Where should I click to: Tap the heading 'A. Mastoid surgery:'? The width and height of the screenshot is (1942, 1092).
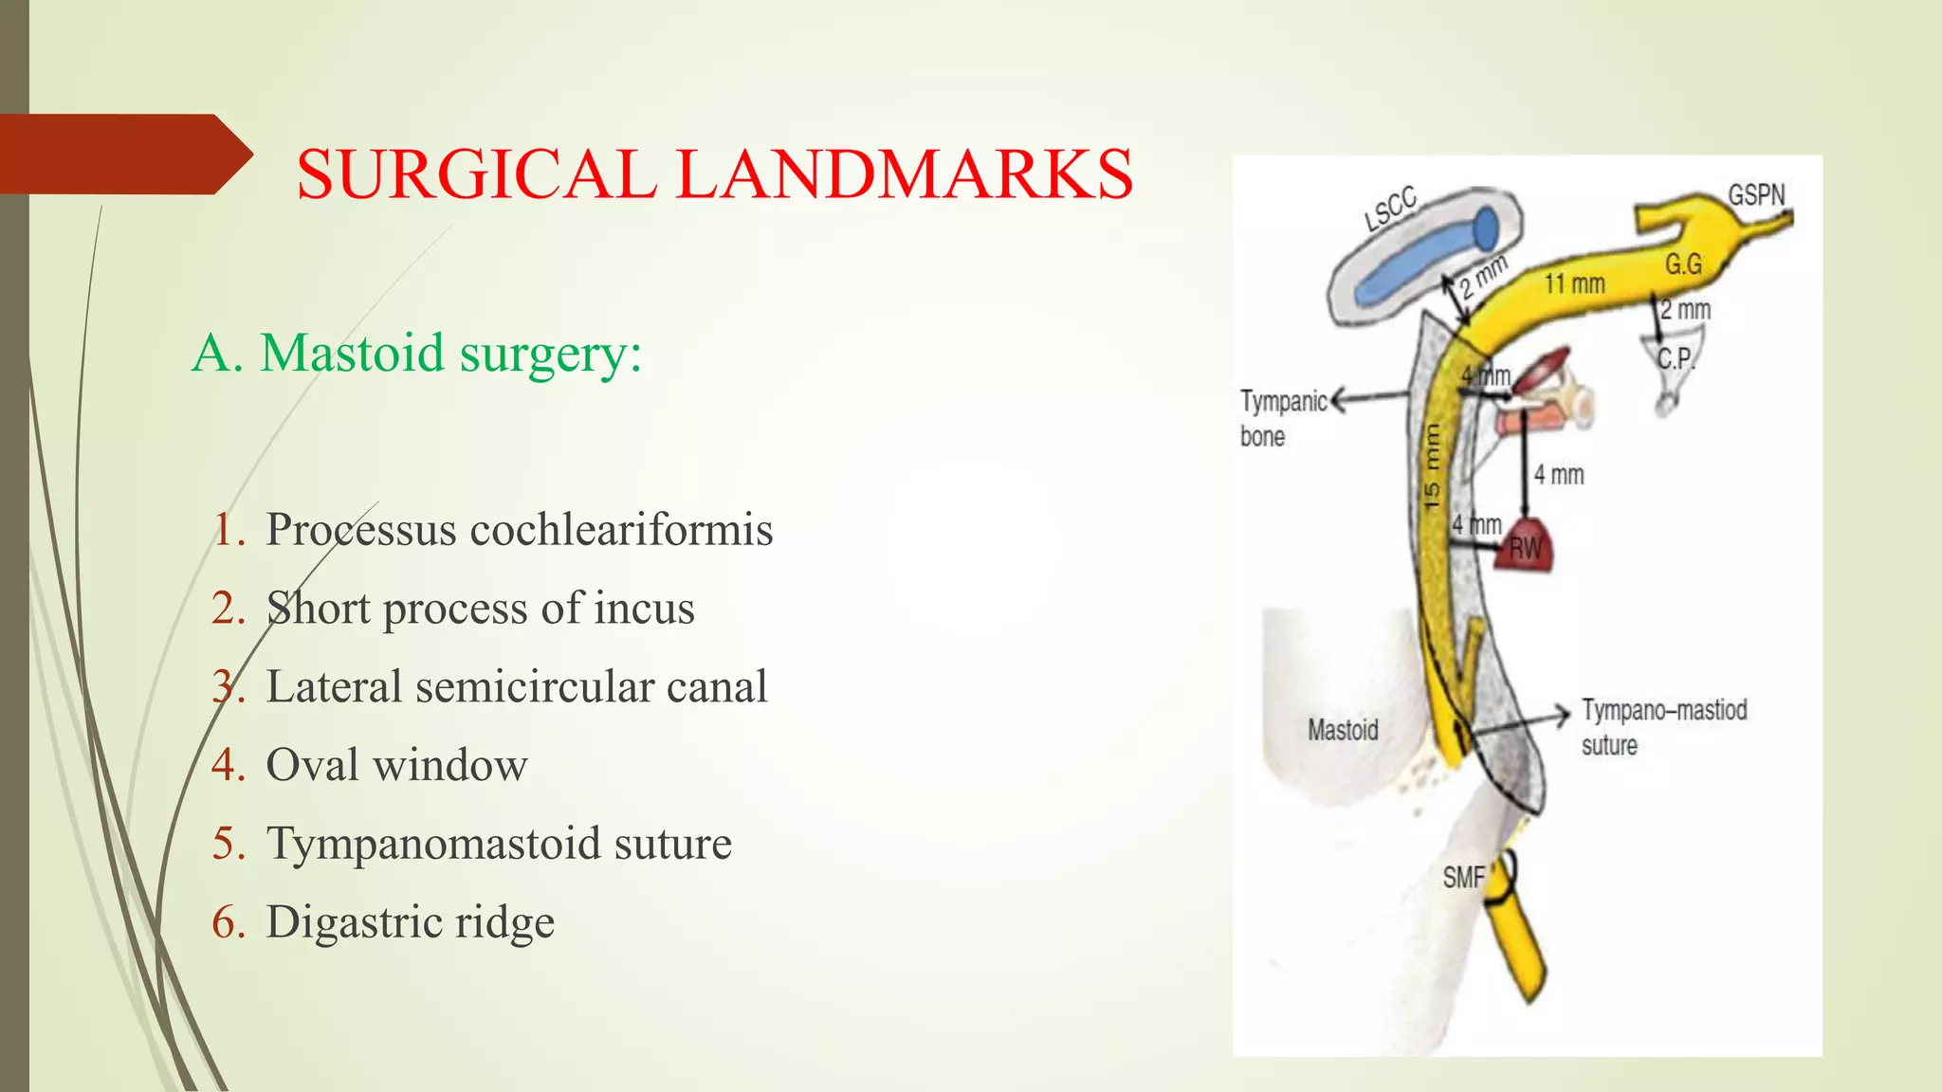coord(417,354)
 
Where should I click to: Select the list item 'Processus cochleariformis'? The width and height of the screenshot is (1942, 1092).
coord(518,529)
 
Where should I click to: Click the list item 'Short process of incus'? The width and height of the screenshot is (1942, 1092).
coord(479,608)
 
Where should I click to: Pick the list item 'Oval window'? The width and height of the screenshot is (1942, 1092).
coord(395,765)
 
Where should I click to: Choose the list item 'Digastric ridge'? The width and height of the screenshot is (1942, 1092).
coord(409,922)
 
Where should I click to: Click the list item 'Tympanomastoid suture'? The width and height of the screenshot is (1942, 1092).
coord(498,844)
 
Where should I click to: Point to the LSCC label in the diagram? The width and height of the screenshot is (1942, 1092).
coord(1390,209)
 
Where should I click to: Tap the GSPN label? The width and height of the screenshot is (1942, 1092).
coord(1755,195)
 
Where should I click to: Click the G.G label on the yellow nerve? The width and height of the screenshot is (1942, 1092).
coord(1683,264)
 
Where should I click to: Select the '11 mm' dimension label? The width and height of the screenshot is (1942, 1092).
coord(1574,283)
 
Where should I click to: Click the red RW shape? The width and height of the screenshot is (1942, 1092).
coord(1526,547)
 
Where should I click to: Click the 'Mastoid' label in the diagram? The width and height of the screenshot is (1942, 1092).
coord(1343,730)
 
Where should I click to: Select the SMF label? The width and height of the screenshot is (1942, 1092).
coord(1462,878)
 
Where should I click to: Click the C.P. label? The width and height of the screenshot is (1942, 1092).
coord(1675,359)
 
